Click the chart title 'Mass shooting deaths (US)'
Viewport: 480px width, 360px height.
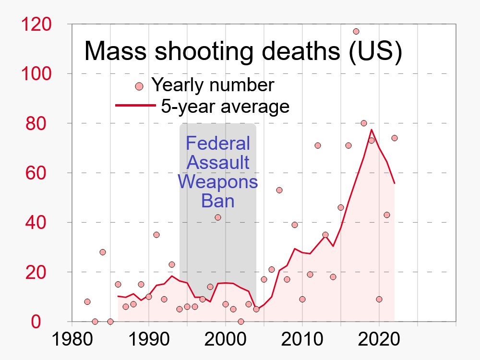coord(243,52)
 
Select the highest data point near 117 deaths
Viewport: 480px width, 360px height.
coord(356,31)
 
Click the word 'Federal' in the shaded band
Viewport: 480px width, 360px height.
coord(218,143)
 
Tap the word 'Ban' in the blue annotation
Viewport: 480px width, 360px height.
coord(218,201)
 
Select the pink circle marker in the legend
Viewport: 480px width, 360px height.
coord(139,86)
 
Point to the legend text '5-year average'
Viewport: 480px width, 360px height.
coord(225,106)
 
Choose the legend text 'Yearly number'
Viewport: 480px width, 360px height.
coord(213,85)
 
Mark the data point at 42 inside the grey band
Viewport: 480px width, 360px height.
coord(218,217)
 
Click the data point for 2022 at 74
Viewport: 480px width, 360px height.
coord(395,138)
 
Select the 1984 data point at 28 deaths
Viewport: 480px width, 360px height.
coord(103,252)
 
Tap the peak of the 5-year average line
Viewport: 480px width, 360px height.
coord(372,130)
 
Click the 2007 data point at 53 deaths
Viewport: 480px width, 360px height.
coord(279,190)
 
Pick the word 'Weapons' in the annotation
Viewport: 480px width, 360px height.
coord(218,181)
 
